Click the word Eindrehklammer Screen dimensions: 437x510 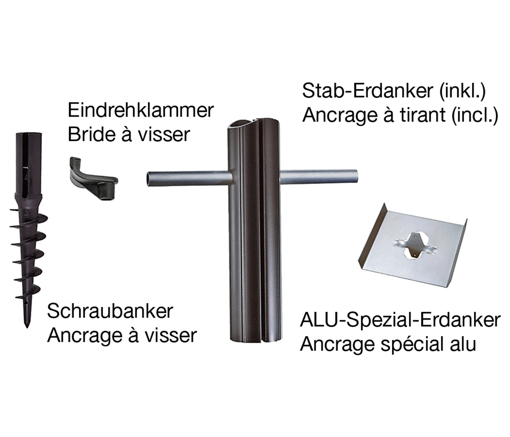pos(141,111)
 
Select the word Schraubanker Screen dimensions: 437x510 pos(110,312)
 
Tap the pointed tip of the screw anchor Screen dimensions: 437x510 pos(27,325)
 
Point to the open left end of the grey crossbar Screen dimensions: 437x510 pos(149,178)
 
